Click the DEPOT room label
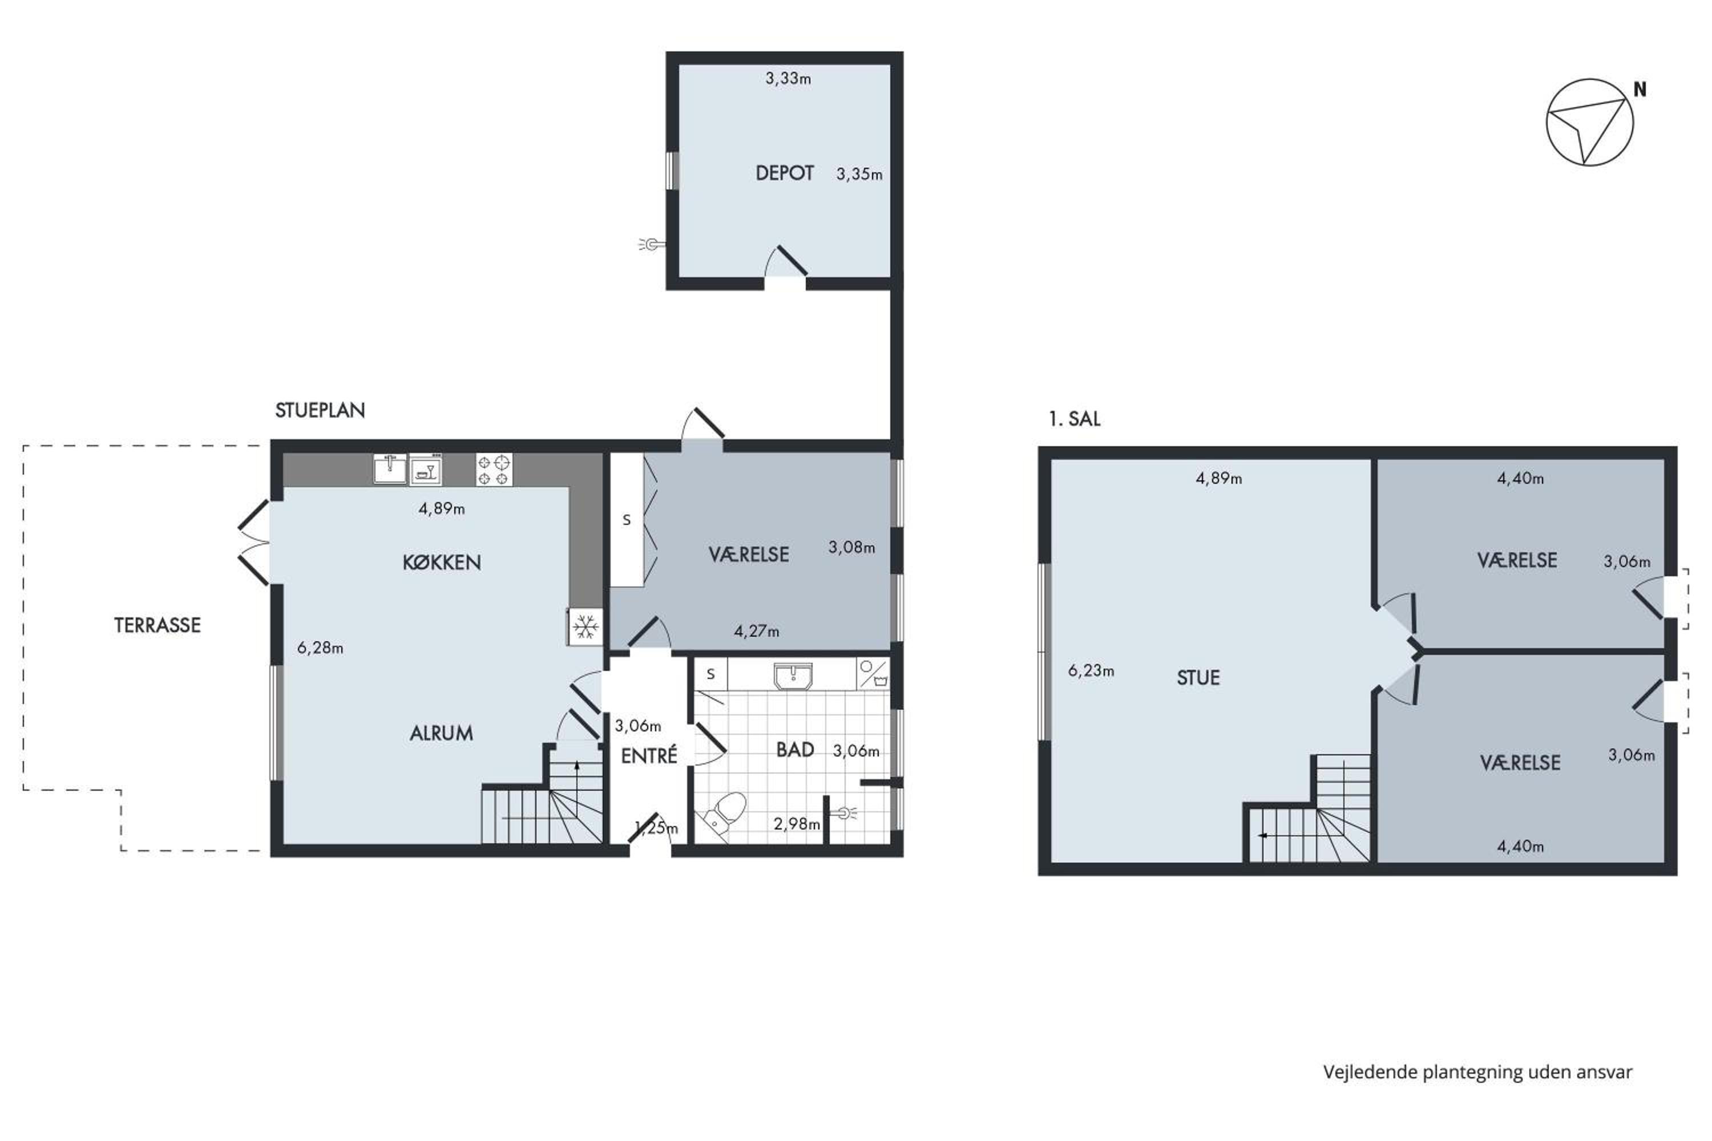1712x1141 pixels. [784, 173]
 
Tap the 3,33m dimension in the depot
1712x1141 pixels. [788, 79]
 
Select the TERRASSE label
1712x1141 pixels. [158, 625]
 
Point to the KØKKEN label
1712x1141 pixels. [442, 563]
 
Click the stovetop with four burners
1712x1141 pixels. [494, 470]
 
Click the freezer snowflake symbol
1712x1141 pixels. [586, 626]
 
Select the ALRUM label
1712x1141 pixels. [441, 734]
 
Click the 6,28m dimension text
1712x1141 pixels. [320, 648]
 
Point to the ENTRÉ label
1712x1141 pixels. [649, 755]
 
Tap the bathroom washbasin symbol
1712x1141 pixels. [793, 675]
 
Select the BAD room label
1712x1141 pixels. [795, 750]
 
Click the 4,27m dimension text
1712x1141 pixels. [756, 632]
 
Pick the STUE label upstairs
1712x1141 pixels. [1198, 678]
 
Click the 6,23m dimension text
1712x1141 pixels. [1091, 671]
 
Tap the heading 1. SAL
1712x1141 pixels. [1075, 419]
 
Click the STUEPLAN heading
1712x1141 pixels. [320, 410]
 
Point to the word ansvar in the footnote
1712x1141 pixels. [1604, 1072]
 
